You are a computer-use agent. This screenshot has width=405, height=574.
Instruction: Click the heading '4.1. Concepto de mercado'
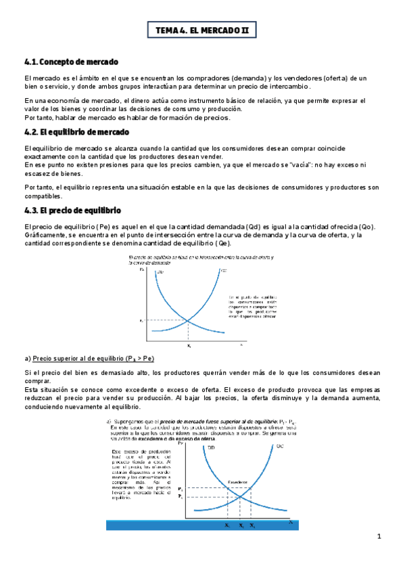[x=71, y=63]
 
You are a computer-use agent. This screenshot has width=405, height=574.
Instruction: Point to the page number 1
[x=379, y=537]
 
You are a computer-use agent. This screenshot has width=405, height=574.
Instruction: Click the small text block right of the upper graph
[x=252, y=307]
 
